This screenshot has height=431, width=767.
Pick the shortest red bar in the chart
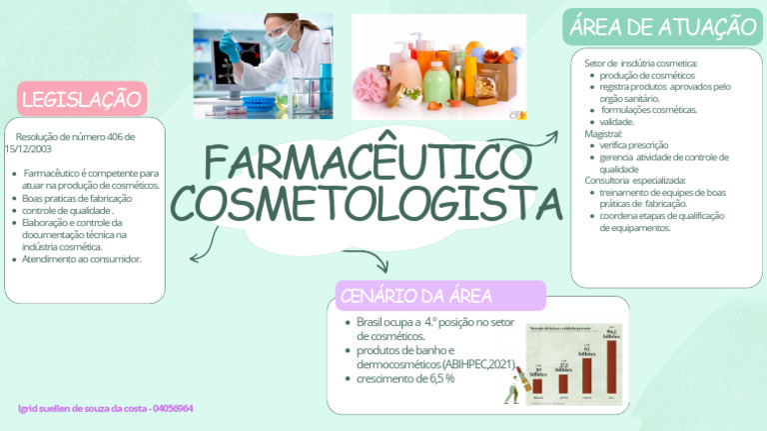pos(537,385)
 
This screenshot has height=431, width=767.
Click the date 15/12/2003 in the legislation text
pos(27,148)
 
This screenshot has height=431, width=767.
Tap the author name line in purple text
pos(106,409)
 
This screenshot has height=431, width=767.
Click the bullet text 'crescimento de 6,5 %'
pos(405,378)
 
